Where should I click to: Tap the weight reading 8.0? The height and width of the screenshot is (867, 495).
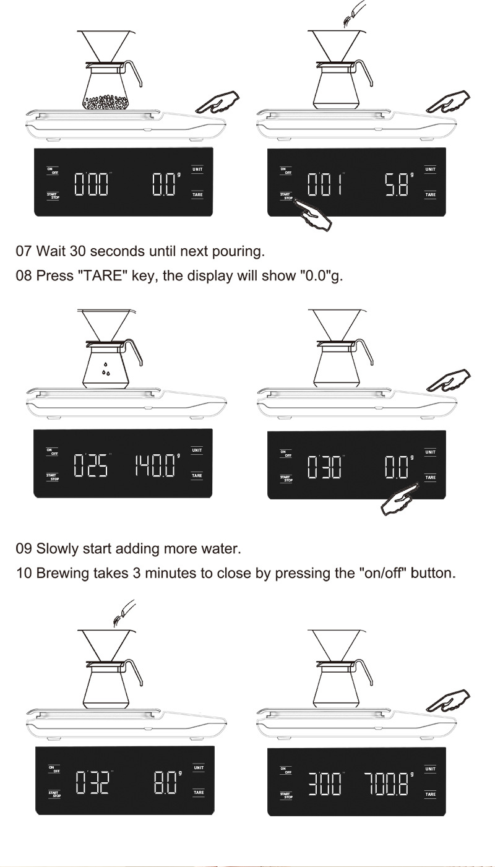(x=165, y=783)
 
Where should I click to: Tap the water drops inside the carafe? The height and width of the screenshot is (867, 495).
(x=106, y=369)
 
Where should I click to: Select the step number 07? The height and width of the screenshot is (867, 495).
(x=23, y=252)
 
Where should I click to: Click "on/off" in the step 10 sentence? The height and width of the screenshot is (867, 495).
(x=384, y=573)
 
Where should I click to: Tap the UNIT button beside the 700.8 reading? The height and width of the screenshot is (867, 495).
(x=430, y=769)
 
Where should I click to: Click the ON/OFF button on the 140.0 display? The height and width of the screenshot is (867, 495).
(x=53, y=452)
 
